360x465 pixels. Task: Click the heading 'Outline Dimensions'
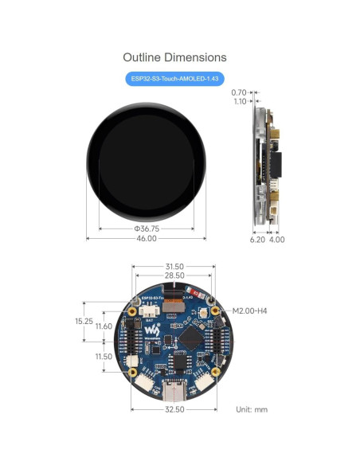coord(174,57)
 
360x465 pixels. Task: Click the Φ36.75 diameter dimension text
coord(146,229)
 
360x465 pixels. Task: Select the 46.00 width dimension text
coord(146,239)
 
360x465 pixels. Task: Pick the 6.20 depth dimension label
coord(257,239)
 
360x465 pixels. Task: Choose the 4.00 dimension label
coord(276,239)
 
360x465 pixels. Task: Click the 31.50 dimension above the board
coord(174,267)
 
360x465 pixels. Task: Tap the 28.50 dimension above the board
coord(174,275)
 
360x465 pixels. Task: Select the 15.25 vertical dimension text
coord(84,321)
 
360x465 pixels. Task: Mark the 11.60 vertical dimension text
coord(104,326)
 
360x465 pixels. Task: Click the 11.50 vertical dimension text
coord(104,356)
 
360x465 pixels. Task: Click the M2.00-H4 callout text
coord(249,311)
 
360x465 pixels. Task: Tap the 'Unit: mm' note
coord(252,409)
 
